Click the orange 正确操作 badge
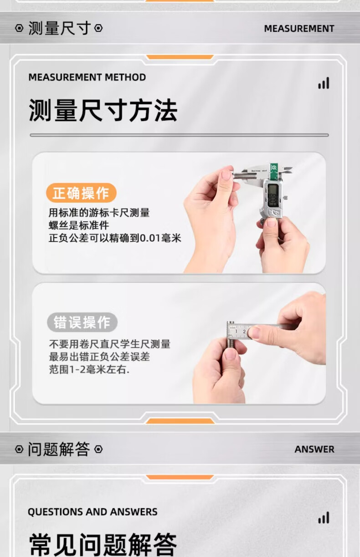(x=81, y=193)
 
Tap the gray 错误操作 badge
(x=82, y=322)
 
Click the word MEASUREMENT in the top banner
(x=299, y=29)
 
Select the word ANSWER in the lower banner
(x=314, y=450)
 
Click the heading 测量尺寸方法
(x=103, y=110)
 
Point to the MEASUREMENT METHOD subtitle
(x=87, y=77)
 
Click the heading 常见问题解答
(x=103, y=544)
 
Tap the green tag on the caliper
(x=274, y=170)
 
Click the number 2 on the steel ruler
(x=244, y=332)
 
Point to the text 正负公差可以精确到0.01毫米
(x=115, y=238)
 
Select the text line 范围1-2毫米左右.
(x=89, y=369)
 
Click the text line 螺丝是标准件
(x=79, y=225)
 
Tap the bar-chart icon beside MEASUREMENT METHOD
(x=324, y=83)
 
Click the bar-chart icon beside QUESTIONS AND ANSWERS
(x=324, y=517)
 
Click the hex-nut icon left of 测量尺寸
(x=20, y=28)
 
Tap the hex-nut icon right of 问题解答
(x=98, y=450)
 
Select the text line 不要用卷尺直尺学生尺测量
(x=110, y=344)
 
